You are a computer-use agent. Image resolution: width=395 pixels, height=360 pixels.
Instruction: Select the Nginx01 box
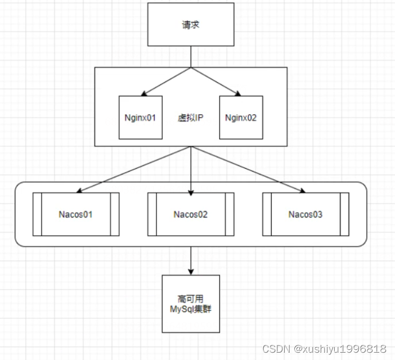click(141, 118)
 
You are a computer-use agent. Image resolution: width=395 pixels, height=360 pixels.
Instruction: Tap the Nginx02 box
click(240, 118)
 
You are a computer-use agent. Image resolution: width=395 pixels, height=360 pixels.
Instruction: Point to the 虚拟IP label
click(191, 118)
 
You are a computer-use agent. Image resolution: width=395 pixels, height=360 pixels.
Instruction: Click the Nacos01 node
click(76, 214)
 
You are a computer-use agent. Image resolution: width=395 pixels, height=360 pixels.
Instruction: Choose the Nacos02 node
click(191, 214)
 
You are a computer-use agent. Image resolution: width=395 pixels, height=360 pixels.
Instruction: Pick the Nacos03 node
click(305, 214)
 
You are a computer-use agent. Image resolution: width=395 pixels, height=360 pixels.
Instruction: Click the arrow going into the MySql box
click(191, 262)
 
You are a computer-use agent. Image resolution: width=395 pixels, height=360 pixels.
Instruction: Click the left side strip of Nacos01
click(37, 214)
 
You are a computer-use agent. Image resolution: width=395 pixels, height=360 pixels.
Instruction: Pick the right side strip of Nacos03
click(344, 214)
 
